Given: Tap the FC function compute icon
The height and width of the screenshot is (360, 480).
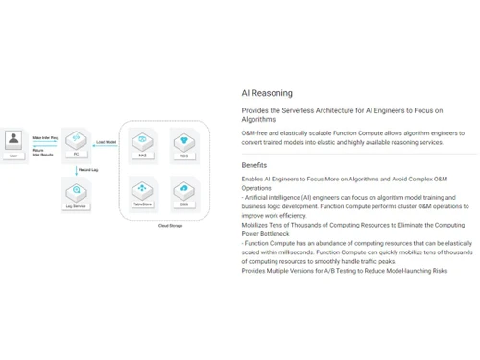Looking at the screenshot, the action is (76, 140).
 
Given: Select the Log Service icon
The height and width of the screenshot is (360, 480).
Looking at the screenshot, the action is (76, 190).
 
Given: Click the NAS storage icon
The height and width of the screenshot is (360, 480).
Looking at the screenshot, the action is (143, 142).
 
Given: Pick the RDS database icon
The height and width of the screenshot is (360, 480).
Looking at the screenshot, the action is (184, 142).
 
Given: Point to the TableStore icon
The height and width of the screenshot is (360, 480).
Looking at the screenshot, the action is (143, 190).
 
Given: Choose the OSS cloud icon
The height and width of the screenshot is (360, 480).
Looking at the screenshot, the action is (184, 190).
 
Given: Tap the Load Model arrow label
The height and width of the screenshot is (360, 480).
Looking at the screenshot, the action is (107, 142).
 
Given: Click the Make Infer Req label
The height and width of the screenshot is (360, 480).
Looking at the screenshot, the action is (45, 137).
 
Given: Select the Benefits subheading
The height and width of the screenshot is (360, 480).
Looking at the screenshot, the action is (254, 165).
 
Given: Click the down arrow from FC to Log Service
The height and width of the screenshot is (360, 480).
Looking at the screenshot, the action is (76, 167).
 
